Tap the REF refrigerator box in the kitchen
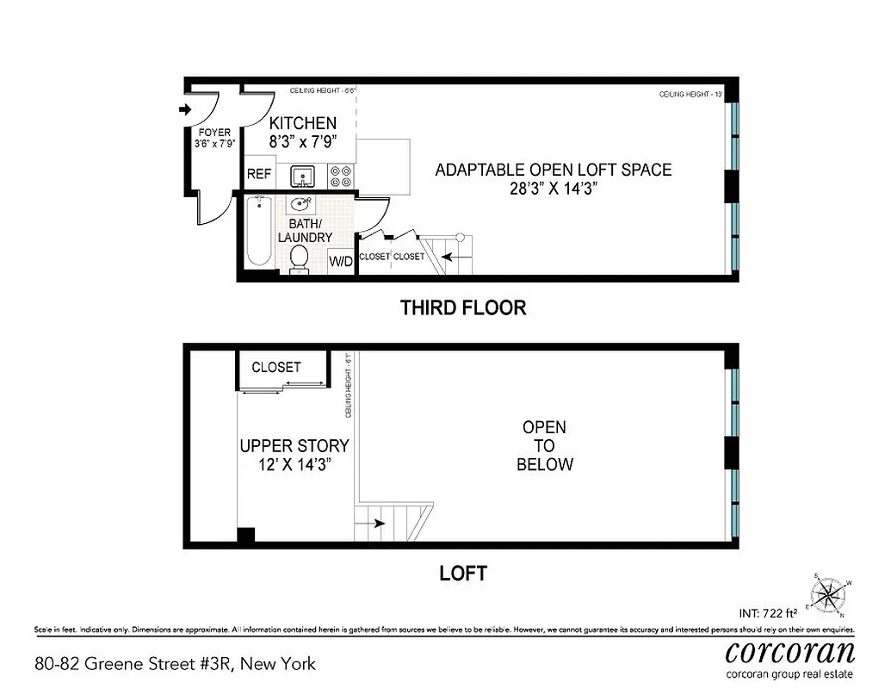coord(259,174)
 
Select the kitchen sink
coord(301,177)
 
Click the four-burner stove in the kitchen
coord(342,176)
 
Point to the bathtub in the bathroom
coord(258,232)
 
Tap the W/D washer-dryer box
coord(342,262)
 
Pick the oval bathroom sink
coord(301,205)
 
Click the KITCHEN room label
coord(303,123)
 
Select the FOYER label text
coord(213,133)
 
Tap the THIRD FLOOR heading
coord(462,307)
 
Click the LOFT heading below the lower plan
coord(463,573)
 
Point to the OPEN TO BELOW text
coord(544,446)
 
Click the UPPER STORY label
coord(294,446)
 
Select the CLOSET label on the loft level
coord(276,367)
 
